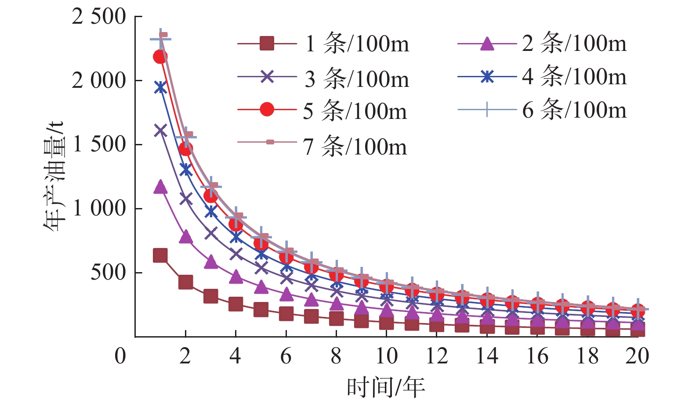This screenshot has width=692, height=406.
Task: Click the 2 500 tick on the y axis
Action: (99, 17)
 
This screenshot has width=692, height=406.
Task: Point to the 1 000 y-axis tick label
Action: (99, 208)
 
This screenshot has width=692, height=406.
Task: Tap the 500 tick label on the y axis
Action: (108, 273)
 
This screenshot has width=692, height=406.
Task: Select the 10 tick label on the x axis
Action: (386, 356)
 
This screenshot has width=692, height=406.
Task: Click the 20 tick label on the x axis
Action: (637, 356)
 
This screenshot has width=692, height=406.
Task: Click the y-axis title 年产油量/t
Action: (54, 176)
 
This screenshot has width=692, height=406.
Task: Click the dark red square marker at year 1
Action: (160, 255)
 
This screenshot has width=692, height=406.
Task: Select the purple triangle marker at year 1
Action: (160, 187)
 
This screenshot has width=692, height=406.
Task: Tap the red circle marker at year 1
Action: (160, 57)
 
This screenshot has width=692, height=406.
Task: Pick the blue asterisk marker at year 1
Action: (160, 87)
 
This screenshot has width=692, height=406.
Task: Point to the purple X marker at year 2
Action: (185, 198)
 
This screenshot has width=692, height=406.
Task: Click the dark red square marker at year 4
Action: (236, 304)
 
